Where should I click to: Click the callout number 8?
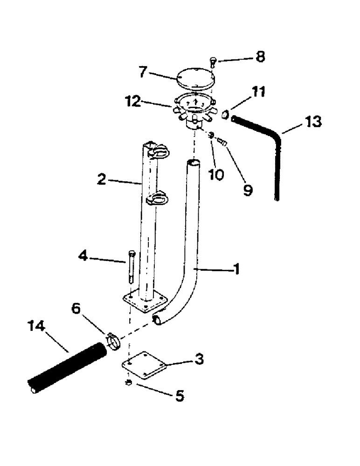260,57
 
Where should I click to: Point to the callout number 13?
313,123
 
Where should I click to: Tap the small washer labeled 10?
211,135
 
